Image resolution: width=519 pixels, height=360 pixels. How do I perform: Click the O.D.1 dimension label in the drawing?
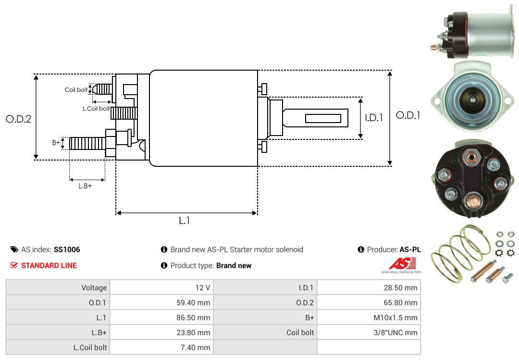coord(408,115)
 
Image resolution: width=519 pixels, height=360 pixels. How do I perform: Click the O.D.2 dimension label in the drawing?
coord(18,119)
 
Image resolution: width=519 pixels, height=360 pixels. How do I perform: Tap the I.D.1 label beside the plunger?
coord(373,117)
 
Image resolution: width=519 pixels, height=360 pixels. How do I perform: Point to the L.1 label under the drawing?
coord(185,221)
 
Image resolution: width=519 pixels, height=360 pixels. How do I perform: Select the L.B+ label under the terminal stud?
coord(85,186)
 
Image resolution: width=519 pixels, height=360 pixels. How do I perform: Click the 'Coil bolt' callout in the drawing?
coord(76,90)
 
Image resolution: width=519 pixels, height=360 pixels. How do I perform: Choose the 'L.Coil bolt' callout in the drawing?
coord(96,109)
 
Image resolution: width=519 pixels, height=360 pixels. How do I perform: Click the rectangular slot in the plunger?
coord(323,118)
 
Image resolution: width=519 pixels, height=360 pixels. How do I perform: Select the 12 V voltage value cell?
coord(161,287)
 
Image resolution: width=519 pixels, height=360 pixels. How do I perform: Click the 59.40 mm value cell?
coord(161,302)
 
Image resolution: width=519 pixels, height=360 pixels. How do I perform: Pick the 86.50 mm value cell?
coord(161,317)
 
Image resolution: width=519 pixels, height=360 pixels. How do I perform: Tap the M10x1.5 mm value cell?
coord(369,317)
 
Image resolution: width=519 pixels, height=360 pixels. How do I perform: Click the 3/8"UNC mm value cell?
coord(369,332)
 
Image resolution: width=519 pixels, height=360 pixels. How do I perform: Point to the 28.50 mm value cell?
coord(369,287)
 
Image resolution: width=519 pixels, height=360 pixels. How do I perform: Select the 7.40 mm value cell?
coord(161,347)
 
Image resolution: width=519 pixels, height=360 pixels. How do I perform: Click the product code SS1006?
coord(67,249)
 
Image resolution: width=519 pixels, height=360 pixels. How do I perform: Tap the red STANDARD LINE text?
coord(49,265)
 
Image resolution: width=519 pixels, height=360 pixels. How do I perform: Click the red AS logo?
coord(399,263)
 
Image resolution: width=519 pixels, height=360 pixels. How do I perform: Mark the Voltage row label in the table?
coord(94,287)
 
